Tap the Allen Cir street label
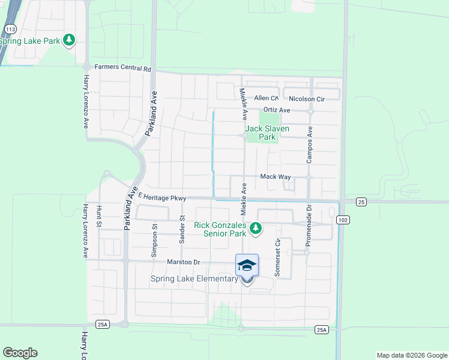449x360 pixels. (x=267, y=98)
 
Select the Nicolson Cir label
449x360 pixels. (x=306, y=98)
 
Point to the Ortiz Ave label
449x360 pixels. (x=277, y=110)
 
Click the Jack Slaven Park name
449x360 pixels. (x=267, y=133)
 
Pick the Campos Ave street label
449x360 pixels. (x=310, y=145)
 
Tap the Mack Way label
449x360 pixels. (x=275, y=177)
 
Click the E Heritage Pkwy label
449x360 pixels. (x=163, y=197)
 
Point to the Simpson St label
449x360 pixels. (x=154, y=240)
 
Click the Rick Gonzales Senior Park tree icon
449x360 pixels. (x=256, y=228)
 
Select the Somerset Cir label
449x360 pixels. (x=277, y=258)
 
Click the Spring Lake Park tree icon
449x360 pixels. (x=70, y=40)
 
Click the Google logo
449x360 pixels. (x=20, y=353)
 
